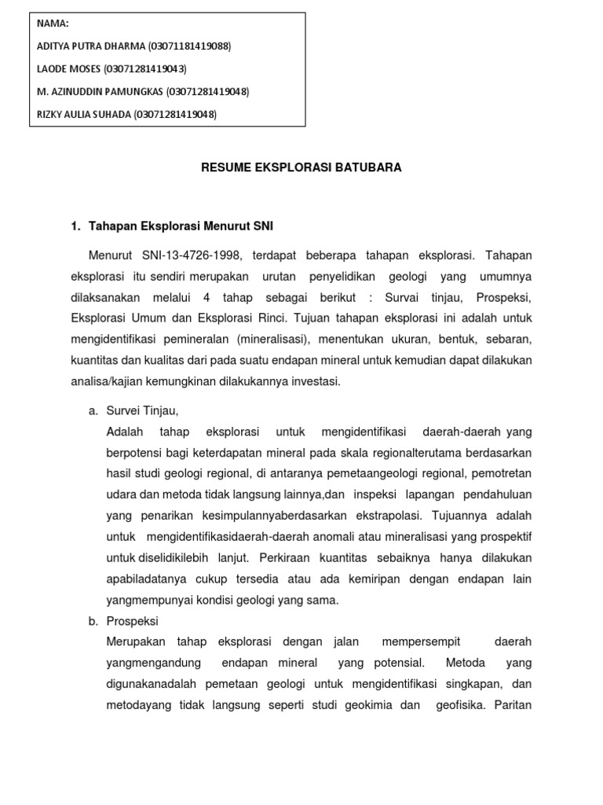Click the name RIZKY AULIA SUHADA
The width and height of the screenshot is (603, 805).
click(84, 115)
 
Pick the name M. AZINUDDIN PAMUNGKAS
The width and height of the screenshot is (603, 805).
click(100, 92)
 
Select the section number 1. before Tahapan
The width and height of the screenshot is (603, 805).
click(75, 226)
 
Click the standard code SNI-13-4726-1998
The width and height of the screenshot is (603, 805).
click(192, 256)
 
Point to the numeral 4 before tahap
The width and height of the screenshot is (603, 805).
click(206, 298)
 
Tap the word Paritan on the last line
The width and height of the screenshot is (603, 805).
click(514, 704)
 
